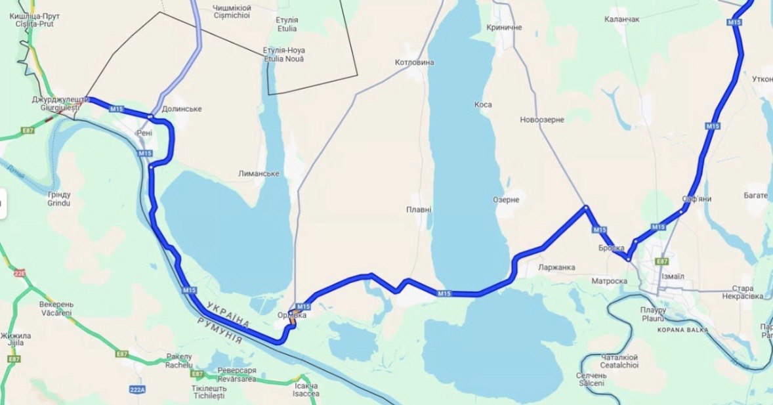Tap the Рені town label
coord(144,133)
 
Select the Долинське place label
coord(182,109)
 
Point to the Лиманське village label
coord(259,173)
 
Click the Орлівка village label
coord(292,315)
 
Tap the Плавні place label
coord(419,210)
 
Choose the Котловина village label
coord(415,62)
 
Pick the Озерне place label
coord(506,200)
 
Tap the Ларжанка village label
coord(556,267)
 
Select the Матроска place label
coord(610,281)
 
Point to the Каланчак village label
coord(622,20)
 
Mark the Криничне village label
coord(505,28)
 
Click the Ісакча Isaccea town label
coord(306,389)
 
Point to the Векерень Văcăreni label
coord(56,309)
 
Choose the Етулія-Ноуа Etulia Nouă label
coord(283,54)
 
